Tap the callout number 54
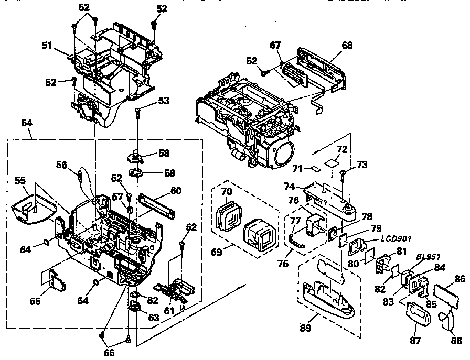[x=26, y=122]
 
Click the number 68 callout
[x=347, y=46]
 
